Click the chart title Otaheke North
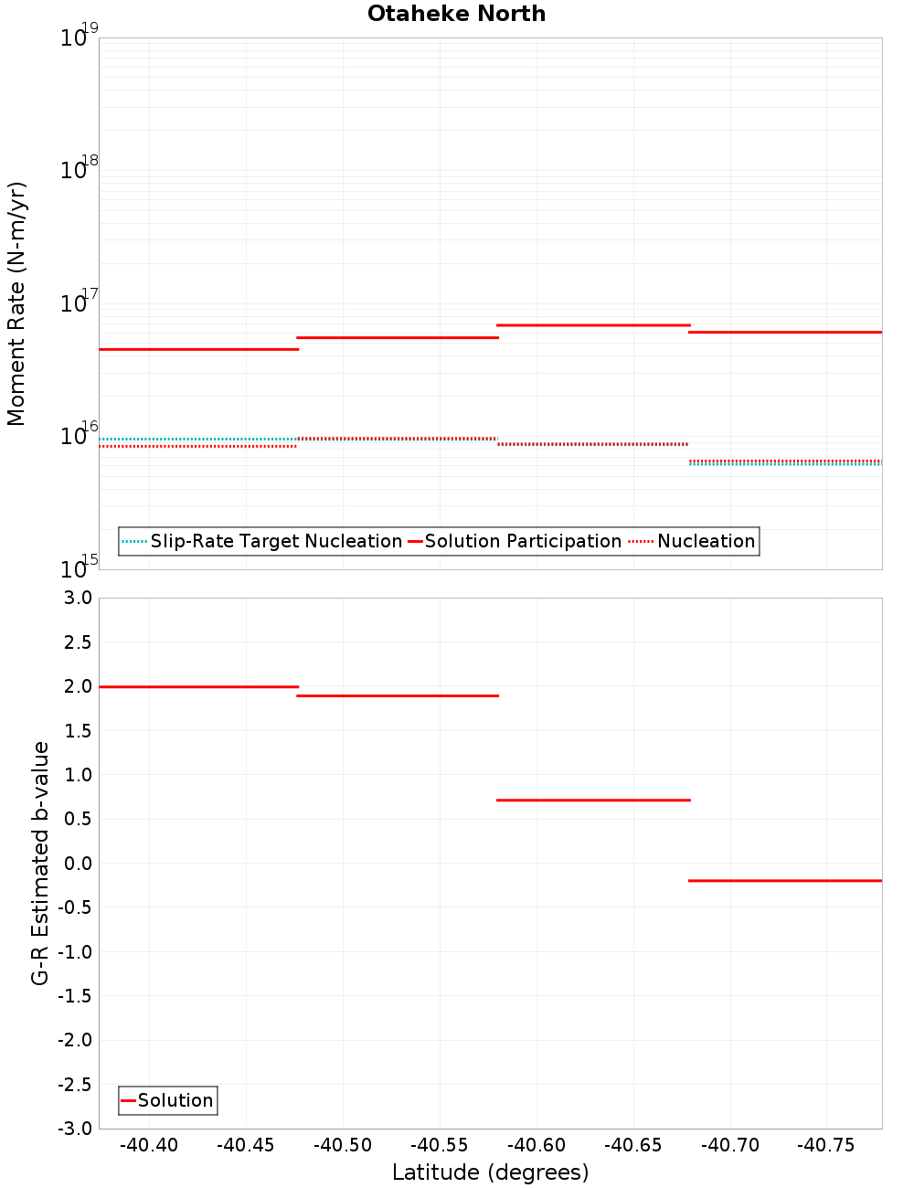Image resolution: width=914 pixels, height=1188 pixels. [x=456, y=14]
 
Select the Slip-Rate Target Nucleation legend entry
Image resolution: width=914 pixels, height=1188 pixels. [x=275, y=541]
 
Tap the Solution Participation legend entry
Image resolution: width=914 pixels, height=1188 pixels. [x=522, y=541]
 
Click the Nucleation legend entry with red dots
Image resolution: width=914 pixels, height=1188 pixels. [x=706, y=541]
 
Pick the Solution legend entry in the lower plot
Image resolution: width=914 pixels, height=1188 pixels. [x=175, y=1100]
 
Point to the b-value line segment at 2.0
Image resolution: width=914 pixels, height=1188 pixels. [x=198, y=686]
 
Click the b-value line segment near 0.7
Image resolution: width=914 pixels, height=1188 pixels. [x=593, y=800]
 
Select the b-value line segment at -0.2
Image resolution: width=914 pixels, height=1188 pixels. [x=785, y=880]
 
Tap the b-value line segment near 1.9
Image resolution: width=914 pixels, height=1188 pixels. [x=398, y=695]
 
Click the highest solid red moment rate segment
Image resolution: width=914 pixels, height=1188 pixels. [x=593, y=324]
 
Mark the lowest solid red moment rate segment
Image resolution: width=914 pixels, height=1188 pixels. [x=198, y=349]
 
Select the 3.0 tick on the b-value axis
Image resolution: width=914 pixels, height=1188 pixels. [x=76, y=598]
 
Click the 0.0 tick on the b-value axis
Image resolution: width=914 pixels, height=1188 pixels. [x=76, y=863]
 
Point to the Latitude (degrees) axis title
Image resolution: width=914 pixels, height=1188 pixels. [x=490, y=1172]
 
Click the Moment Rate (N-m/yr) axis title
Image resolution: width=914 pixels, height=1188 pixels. [x=16, y=303]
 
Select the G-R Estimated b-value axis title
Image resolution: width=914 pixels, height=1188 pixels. [x=40, y=863]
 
